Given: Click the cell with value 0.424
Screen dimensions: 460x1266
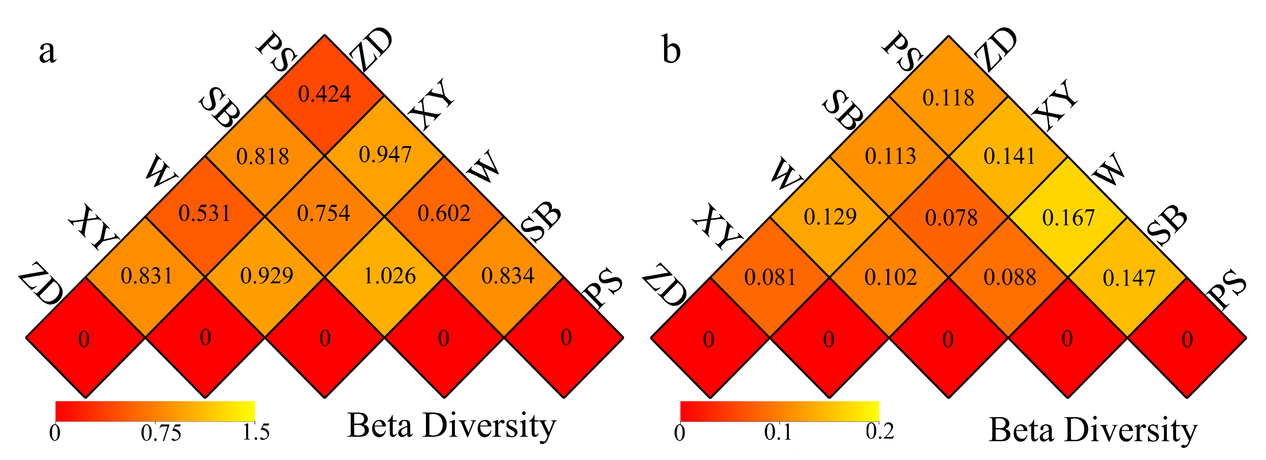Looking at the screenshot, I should coord(324,95).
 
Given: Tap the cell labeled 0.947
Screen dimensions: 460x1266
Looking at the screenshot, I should coord(384,155).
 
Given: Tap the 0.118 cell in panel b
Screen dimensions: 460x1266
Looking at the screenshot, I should coord(948,97).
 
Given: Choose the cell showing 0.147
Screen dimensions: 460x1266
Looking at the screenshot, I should coord(1128,278).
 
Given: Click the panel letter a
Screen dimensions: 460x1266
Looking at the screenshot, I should coord(47,52).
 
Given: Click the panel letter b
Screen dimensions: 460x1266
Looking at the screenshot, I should coord(671,50).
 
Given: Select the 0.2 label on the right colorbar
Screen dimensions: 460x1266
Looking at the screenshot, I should coord(880,431).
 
